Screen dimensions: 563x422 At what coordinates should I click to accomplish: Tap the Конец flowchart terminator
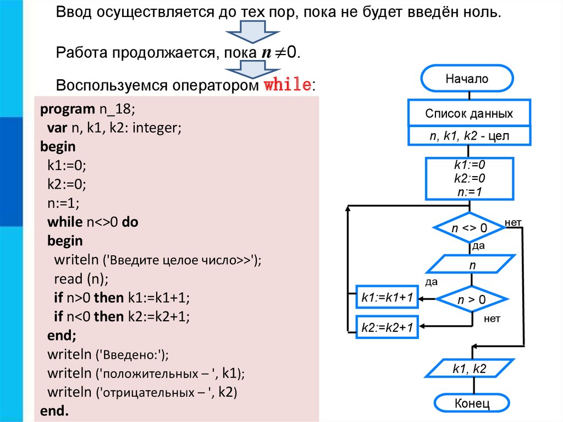(471, 404)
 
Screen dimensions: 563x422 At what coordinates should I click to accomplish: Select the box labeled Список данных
(469, 114)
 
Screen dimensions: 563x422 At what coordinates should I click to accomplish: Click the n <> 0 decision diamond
(470, 228)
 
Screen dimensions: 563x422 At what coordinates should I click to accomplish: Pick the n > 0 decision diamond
(472, 300)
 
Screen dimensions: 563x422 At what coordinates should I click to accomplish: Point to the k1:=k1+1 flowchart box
(387, 298)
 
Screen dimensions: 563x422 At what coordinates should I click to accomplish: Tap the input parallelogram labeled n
(471, 265)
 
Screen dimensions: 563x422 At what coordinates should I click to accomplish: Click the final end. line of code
(55, 411)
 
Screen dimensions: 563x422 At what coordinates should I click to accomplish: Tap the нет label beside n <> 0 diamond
(513, 222)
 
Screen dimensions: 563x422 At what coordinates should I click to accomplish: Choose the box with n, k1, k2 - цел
(469, 135)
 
